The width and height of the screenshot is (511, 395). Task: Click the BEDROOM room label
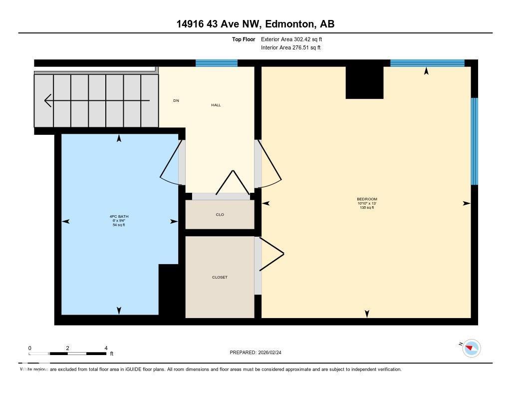point(367,199)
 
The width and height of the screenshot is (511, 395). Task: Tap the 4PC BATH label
point(119,217)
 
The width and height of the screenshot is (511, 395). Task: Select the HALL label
point(216,105)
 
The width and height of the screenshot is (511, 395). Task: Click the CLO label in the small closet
point(220,215)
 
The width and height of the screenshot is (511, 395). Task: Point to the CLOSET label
point(220,277)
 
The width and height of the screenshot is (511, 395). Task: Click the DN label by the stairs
point(176,101)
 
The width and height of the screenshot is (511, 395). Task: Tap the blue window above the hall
point(216,63)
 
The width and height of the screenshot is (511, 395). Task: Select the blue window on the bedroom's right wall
point(475,141)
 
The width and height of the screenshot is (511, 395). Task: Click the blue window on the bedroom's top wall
point(427,63)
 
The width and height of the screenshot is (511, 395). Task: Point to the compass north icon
point(471,348)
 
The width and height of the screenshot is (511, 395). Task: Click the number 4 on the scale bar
point(106,348)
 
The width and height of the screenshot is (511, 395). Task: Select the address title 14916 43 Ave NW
point(255,23)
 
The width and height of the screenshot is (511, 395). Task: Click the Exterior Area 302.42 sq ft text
point(287,39)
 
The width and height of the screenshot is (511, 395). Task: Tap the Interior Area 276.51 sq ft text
point(290,48)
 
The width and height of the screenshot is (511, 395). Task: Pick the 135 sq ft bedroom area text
point(367,208)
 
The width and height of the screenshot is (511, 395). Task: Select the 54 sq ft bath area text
point(119,225)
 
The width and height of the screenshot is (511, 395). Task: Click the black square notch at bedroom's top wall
point(364,82)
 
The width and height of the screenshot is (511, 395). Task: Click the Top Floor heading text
point(244,39)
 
